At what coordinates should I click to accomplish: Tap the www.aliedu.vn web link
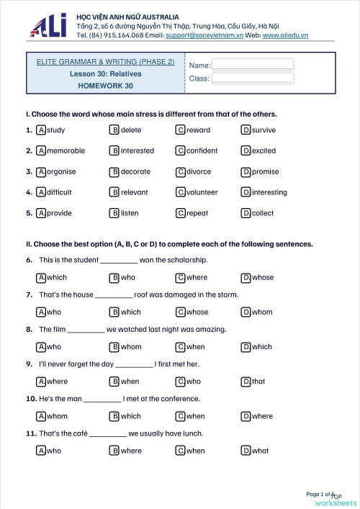tap(285, 35)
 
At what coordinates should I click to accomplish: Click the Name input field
tap(253, 64)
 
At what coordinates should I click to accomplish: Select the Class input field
tap(253, 78)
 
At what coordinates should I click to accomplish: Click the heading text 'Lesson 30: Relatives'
tap(106, 73)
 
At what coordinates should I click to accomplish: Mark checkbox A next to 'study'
tap(41, 130)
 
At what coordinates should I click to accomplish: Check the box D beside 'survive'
tap(246, 130)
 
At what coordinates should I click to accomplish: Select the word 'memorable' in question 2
tap(66, 151)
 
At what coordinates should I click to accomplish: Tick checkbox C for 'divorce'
tap(180, 172)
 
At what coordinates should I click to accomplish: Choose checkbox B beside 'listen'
tap(114, 213)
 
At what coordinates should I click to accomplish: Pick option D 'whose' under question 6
tap(246, 277)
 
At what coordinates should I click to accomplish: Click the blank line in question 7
tap(114, 295)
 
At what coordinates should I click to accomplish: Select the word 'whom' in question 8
tap(131, 347)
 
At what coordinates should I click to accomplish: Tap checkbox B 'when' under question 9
tap(114, 382)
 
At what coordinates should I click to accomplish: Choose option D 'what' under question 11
tap(246, 451)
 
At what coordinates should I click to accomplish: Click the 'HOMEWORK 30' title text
tap(106, 85)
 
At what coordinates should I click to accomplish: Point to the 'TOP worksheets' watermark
tap(338, 499)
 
